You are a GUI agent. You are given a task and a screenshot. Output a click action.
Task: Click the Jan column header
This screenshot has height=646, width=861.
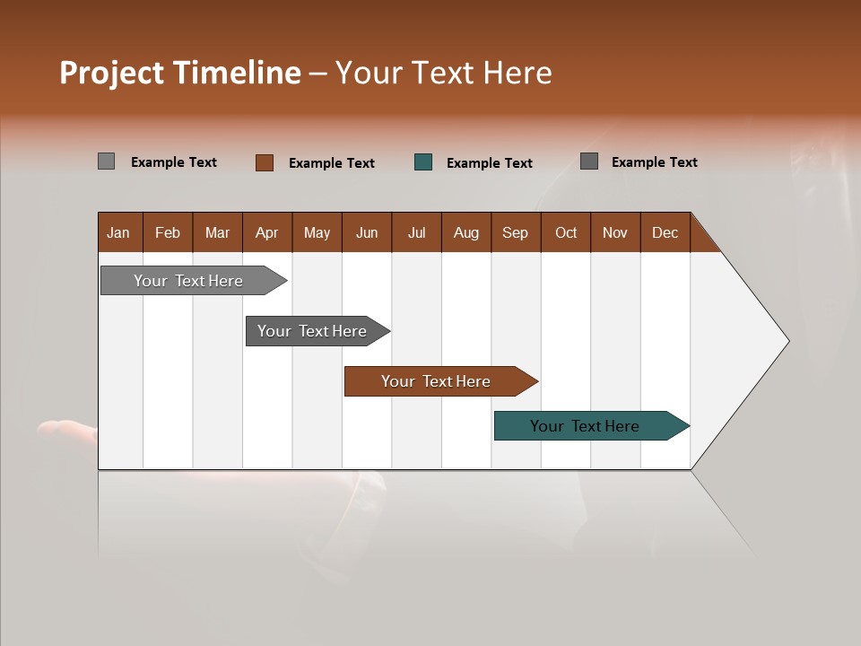point(119,232)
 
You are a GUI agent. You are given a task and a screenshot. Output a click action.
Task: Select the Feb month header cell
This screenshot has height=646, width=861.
point(168,232)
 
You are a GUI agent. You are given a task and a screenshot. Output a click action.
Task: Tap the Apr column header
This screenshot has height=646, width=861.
point(267,232)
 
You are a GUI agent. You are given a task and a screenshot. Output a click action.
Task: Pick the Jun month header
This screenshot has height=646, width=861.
point(367,232)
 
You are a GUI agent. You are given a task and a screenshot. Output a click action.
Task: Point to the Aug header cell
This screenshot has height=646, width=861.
point(466,232)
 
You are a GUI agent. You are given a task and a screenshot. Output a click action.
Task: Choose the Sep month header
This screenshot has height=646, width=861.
point(516,232)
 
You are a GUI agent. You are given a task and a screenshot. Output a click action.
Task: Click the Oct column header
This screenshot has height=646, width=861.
point(566,232)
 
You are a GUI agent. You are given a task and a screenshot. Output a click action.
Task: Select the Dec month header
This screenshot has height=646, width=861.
point(665,232)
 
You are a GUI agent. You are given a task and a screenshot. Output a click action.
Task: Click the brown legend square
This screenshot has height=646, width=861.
point(265,162)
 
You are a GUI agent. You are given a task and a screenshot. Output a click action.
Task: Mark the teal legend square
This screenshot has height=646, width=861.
point(423,162)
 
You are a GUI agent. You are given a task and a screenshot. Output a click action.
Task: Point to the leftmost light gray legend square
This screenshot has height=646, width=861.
point(107,161)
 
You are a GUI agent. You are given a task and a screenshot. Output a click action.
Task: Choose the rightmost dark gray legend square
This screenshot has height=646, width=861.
point(589,161)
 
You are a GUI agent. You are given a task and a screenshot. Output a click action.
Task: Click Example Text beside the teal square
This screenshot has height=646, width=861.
point(489,163)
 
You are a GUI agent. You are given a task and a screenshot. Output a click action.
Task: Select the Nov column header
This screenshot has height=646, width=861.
point(615,232)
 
